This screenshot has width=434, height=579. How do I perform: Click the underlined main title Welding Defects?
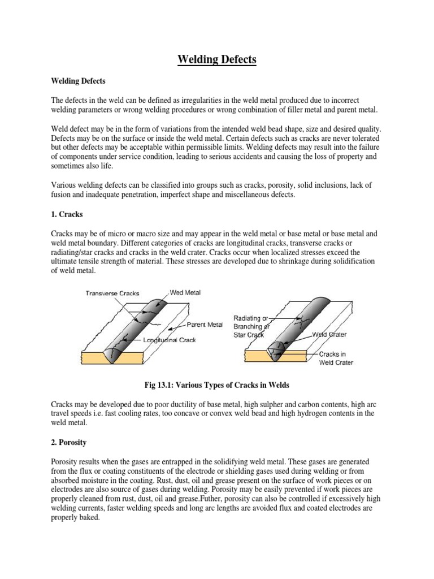[x=218, y=59]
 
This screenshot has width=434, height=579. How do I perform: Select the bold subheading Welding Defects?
[x=78, y=81]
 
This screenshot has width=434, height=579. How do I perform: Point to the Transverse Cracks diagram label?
[x=112, y=293]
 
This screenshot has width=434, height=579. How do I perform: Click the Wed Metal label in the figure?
[x=185, y=293]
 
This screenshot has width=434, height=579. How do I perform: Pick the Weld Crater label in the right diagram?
[x=329, y=335]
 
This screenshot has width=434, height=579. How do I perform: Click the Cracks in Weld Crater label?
[x=336, y=358]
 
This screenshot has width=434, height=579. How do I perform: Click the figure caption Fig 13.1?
[x=217, y=385]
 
